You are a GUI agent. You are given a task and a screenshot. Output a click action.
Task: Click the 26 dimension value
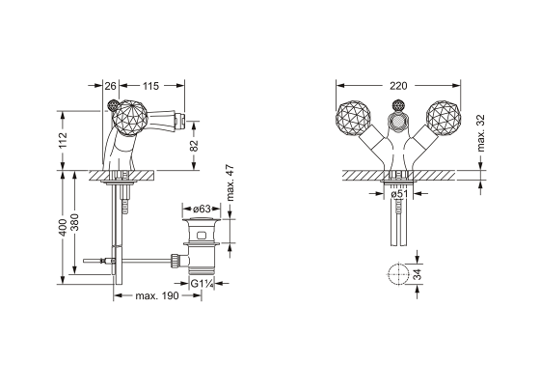pos(110,86)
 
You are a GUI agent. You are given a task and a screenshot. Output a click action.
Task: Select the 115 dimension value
pos(150,86)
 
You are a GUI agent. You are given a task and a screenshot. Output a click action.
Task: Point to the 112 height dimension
pos(63,140)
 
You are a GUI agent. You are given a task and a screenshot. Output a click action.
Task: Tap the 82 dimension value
pos(194,145)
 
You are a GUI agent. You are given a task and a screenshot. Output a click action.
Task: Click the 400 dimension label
pos(63,228)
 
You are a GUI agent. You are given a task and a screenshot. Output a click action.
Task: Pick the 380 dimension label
pos(75,222)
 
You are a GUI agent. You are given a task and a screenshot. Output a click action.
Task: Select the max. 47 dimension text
pos(230,183)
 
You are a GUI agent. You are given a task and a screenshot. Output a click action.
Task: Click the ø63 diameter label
pos(202,209)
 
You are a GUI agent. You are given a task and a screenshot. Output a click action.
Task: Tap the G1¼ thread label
pos(202,284)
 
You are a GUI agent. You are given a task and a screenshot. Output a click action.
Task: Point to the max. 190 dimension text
pos(156,295)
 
